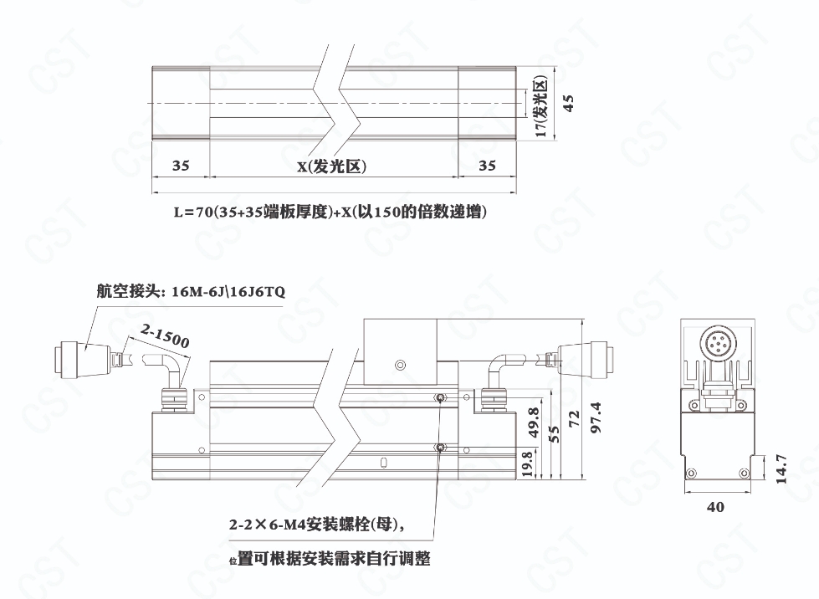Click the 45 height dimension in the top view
pos(568,103)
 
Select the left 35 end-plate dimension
pos(180,166)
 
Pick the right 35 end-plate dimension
pos(487,166)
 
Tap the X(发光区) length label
pos(331,166)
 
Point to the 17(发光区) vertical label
pos(540,107)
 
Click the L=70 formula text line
pos(330,212)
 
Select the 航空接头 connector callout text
pos(191,291)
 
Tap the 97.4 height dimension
pos(595,417)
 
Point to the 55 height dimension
pos(554,434)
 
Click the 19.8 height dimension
pos(527,463)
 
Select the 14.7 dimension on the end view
pos(781,469)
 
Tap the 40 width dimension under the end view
pos(715,507)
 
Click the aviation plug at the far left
pos(81,358)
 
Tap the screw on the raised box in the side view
pos(400,364)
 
